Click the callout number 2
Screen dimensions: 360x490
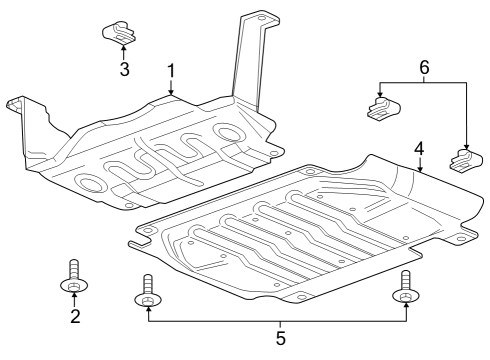pyautogui.click(x=74, y=318)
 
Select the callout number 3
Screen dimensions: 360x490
pyautogui.click(x=124, y=69)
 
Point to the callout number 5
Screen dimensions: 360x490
pyautogui.click(x=279, y=339)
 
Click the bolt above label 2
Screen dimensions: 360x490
pyautogui.click(x=74, y=277)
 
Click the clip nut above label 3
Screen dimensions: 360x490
pyautogui.click(x=121, y=33)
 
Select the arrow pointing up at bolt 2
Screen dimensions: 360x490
pyautogui.click(x=74, y=300)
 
